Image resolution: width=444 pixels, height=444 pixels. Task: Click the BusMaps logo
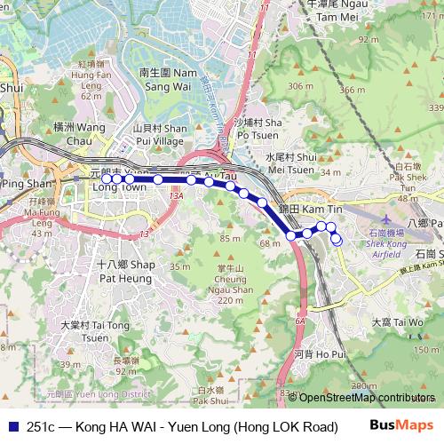pyautogui.click(x=400, y=425)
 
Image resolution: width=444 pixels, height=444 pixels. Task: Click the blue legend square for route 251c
pyautogui.click(x=12, y=425)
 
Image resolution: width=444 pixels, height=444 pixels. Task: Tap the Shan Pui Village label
pyautogui.click(x=157, y=134)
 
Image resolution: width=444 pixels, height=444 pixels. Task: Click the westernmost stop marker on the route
pyautogui.click(x=107, y=178)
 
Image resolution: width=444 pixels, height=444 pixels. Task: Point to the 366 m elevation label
pyautogui.click(x=353, y=90)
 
